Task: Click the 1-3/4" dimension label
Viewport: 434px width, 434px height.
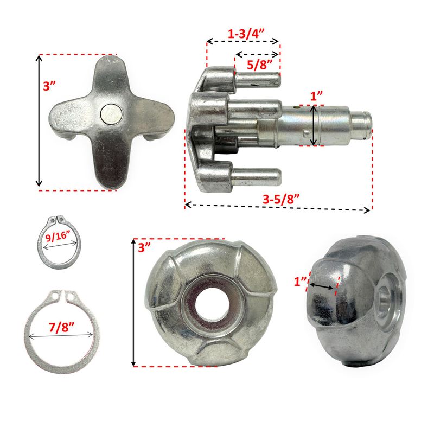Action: pos(242,34)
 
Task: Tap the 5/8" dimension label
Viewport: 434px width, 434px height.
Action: pos(260,65)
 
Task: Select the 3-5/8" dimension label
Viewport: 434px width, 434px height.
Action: pos(281,199)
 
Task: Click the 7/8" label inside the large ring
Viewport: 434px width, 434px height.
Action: pos(61,327)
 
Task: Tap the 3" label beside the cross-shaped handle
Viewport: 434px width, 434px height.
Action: pos(49,86)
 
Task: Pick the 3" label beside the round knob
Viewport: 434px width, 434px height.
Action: pos(144,247)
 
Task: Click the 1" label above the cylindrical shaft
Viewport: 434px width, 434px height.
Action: pos(316,96)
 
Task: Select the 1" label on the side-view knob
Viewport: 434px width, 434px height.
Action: pos(300,282)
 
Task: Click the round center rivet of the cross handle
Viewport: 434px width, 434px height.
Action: pos(111,114)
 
